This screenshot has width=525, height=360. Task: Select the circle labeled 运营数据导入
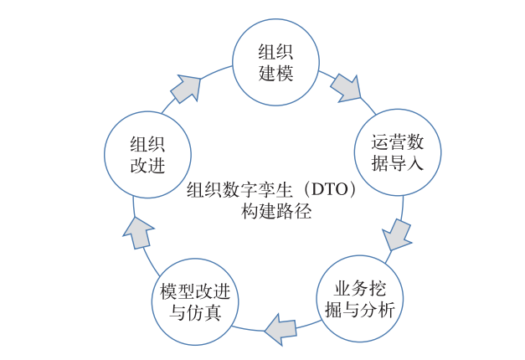[x=397, y=152]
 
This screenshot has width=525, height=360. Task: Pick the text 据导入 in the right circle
[x=397, y=164]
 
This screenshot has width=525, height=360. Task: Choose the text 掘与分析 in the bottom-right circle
[x=360, y=311]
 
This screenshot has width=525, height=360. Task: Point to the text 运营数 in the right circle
[x=397, y=141]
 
